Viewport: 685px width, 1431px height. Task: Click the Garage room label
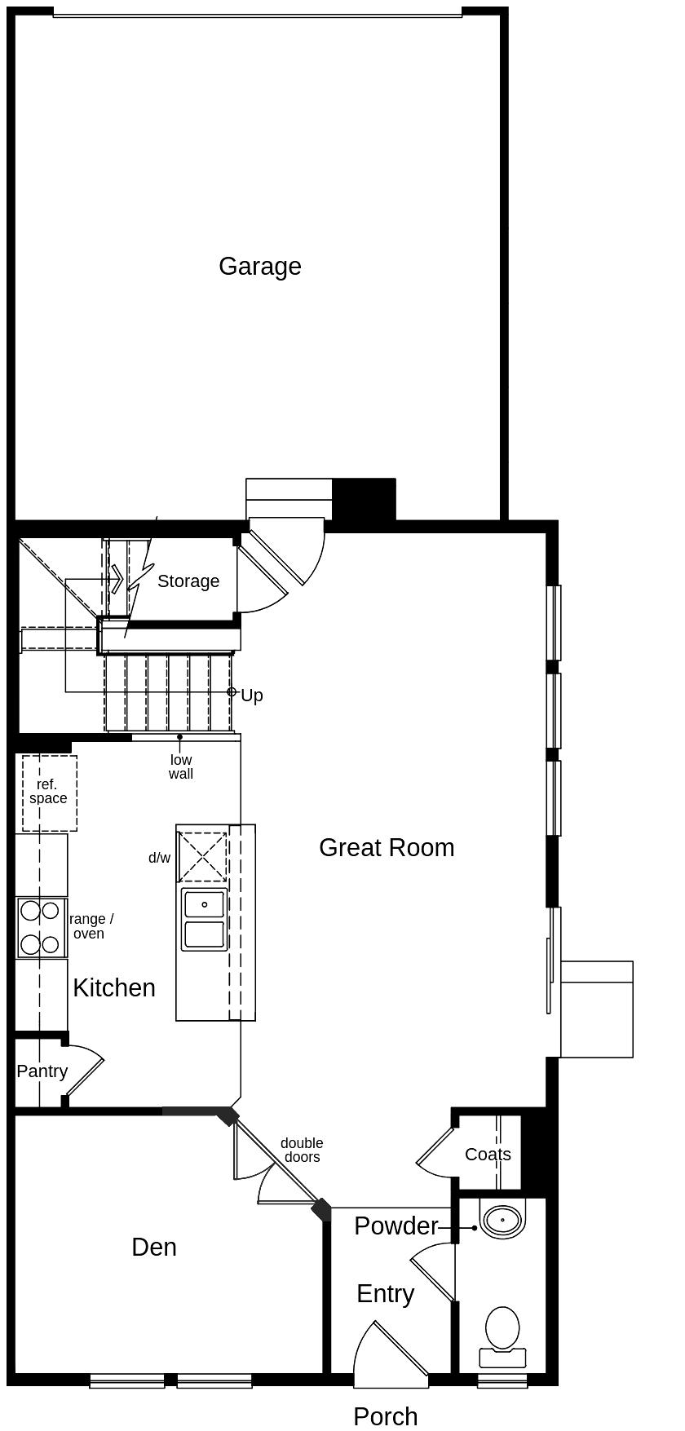(x=259, y=267)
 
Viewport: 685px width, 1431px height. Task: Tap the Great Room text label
(x=387, y=848)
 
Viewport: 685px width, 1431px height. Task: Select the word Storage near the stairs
(x=188, y=581)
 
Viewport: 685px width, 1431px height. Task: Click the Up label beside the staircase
(x=251, y=696)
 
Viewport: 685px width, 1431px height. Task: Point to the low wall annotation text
(x=181, y=767)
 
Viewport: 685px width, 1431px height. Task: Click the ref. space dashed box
(x=49, y=793)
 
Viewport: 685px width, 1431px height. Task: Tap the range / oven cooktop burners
(x=40, y=927)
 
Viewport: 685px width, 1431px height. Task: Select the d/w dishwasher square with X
(x=203, y=856)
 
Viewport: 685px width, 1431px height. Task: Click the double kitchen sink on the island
(x=204, y=920)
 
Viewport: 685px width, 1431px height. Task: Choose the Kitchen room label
(x=114, y=988)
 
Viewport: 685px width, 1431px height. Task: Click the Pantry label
(x=42, y=1071)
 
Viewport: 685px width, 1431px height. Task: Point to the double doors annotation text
(x=302, y=1151)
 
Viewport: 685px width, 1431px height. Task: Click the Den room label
(x=154, y=1248)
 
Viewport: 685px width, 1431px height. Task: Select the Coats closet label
(x=488, y=1155)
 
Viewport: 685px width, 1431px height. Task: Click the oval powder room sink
(x=502, y=1221)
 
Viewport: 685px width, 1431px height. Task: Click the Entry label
(x=385, y=1294)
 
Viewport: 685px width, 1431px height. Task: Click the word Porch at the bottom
(x=385, y=1417)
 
